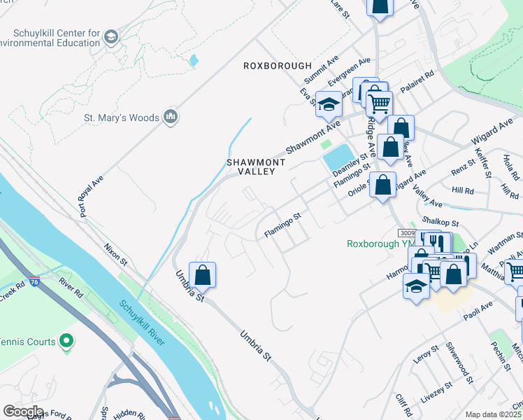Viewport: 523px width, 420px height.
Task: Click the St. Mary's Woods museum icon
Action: [170, 118]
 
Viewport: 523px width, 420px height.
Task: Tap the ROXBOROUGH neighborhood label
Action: [277, 66]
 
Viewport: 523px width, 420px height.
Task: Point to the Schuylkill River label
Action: [142, 323]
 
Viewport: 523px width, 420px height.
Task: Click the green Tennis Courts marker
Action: [66, 341]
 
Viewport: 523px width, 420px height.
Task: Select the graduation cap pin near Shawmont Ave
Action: [329, 104]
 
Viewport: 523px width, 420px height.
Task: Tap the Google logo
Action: [23, 412]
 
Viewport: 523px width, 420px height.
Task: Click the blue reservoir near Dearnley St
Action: [338, 157]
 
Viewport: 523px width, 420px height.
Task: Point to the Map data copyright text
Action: [493, 414]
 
